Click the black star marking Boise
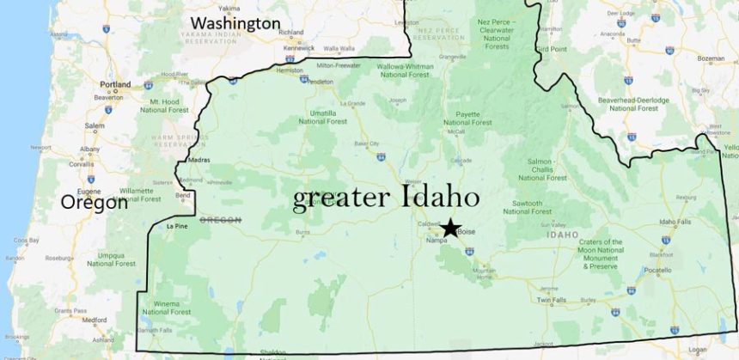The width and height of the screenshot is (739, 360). (450, 228)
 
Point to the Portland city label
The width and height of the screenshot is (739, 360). (115, 85)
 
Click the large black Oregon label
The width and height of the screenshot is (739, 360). (94, 203)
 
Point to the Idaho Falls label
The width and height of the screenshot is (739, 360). (675, 222)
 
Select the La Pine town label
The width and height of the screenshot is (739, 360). (175, 227)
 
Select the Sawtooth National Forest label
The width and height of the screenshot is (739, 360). (528, 207)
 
